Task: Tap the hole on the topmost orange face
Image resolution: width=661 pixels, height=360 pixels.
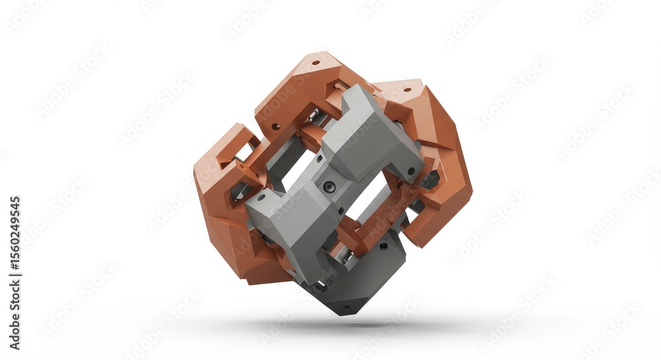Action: (315, 63)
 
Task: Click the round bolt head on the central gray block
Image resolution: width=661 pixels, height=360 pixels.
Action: (329, 186)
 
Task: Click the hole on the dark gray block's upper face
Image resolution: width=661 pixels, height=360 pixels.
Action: (383, 246)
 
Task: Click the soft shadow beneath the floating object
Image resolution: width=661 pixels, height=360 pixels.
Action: (344, 325)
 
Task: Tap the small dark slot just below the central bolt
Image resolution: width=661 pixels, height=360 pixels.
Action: (324, 204)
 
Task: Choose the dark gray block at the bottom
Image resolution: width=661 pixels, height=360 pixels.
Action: (360, 277)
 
